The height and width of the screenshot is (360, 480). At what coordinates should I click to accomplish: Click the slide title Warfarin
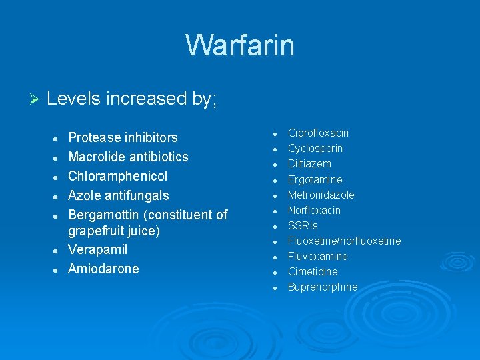(x=240, y=45)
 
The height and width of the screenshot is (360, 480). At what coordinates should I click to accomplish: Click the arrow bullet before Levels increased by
(x=36, y=99)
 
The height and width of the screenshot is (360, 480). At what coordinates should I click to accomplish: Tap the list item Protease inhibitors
(x=123, y=138)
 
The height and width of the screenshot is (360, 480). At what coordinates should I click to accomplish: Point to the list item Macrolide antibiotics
(x=128, y=157)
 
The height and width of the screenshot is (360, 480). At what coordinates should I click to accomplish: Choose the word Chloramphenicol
(x=117, y=177)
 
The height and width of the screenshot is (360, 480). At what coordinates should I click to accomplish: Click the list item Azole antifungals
(x=118, y=196)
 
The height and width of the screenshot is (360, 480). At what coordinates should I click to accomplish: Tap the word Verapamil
(x=97, y=250)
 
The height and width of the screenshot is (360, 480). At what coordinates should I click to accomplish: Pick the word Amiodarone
(x=103, y=269)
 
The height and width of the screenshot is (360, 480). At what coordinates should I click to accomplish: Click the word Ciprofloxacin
(x=318, y=133)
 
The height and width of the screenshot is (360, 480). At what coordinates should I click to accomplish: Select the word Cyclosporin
(x=315, y=149)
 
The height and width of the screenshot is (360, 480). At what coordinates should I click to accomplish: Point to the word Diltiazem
(x=309, y=164)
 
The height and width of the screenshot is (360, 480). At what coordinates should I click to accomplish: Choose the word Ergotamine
(x=315, y=180)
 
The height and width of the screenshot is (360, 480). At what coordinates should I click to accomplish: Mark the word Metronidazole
(x=321, y=195)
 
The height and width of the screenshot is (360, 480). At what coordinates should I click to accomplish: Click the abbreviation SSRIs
(x=303, y=226)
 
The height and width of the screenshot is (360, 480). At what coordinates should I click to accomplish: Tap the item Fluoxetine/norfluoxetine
(x=344, y=241)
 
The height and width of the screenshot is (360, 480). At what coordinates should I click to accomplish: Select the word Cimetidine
(x=313, y=272)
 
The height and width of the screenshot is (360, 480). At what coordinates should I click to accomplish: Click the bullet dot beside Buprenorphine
(x=274, y=288)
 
